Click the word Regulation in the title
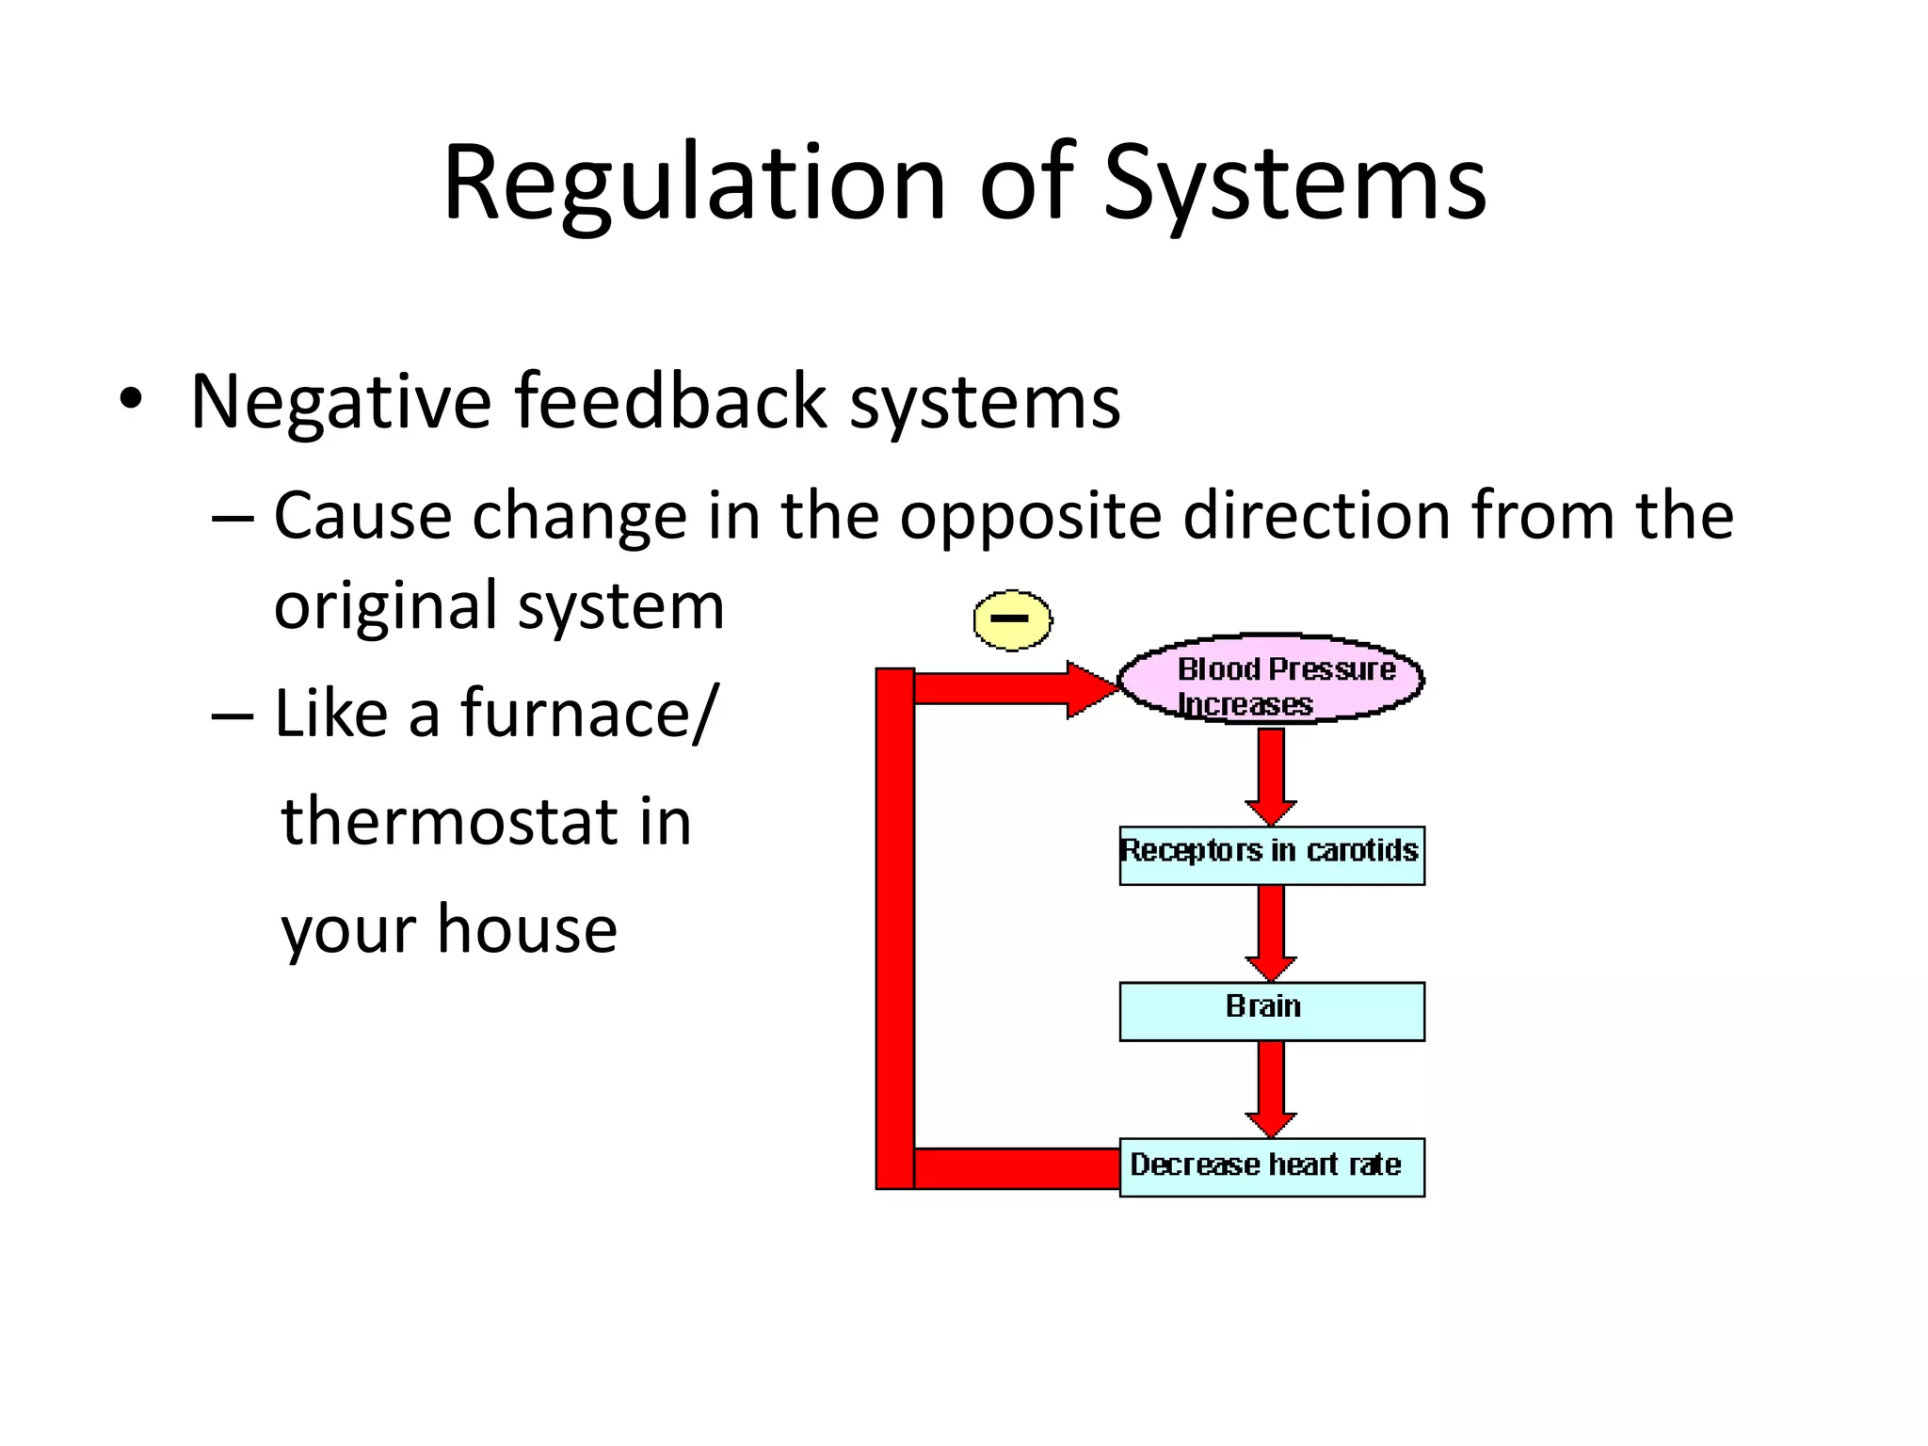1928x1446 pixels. click(x=694, y=184)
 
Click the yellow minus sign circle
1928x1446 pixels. click(x=1012, y=619)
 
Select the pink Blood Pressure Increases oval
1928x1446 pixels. click(x=1271, y=679)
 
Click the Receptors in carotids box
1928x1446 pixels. click(x=1271, y=855)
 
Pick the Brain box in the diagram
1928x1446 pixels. click(x=1271, y=1011)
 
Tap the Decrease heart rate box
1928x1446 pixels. click(x=1271, y=1167)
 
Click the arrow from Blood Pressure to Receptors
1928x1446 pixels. click(x=1271, y=774)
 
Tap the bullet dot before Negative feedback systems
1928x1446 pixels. click(x=131, y=400)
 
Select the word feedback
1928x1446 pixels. click(x=671, y=402)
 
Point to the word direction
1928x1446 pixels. click(x=1316, y=517)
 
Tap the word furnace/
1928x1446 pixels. click(x=589, y=713)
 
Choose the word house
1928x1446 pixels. click(x=527, y=929)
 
